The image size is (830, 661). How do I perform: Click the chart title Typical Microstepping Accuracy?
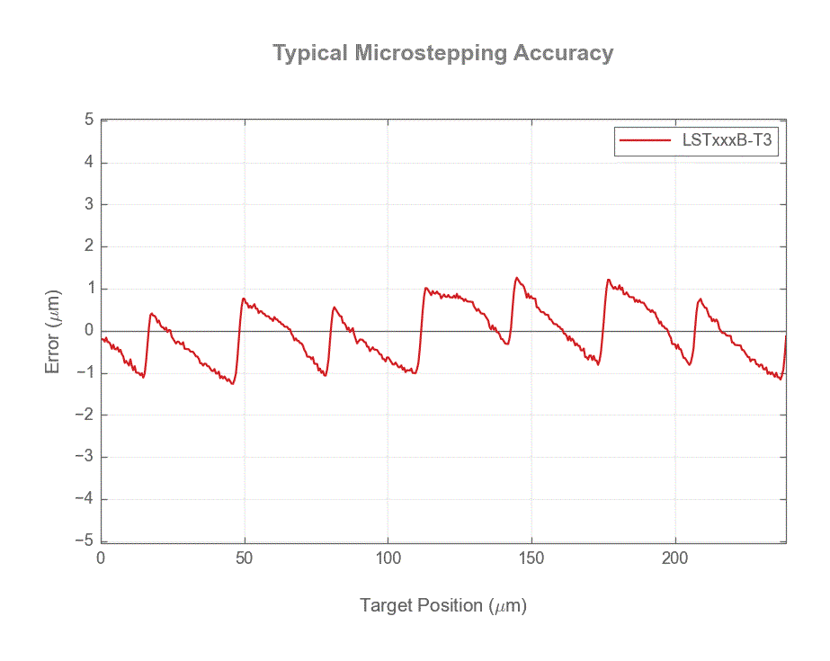click(442, 53)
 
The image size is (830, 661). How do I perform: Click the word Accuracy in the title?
click(563, 53)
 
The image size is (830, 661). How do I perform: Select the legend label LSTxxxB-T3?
click(728, 140)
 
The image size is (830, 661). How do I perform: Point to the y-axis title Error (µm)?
click(54, 332)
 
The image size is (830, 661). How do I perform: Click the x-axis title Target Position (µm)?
click(443, 605)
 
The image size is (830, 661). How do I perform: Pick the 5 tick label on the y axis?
click(89, 120)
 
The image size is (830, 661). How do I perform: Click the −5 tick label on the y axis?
click(85, 541)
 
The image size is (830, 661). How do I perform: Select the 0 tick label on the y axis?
click(89, 331)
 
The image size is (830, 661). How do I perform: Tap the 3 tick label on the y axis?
click(89, 204)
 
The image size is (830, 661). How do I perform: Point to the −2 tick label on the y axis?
click(85, 415)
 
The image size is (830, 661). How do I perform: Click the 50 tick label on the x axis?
click(245, 558)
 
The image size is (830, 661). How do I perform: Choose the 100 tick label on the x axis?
click(388, 558)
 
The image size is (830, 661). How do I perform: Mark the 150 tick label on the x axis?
click(531, 558)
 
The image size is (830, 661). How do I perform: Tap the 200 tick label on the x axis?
click(675, 558)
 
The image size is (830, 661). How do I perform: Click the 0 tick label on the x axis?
click(101, 558)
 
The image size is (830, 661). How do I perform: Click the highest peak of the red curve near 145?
click(516, 277)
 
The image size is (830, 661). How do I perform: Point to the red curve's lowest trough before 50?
click(232, 384)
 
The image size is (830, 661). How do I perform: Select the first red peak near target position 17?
click(150, 314)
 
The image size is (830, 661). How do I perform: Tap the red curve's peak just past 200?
click(701, 299)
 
